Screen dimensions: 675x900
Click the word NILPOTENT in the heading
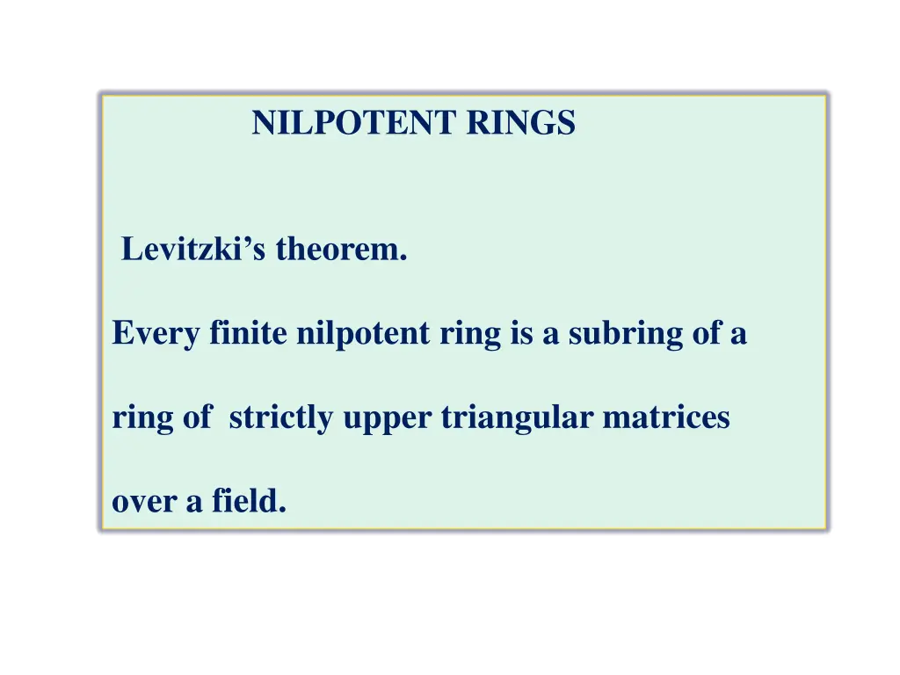coord(356,123)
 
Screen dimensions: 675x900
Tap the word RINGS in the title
coord(520,123)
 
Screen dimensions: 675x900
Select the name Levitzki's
coord(196,250)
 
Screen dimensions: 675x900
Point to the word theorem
coord(342,250)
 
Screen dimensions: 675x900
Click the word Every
coord(156,334)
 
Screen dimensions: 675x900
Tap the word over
coord(143,502)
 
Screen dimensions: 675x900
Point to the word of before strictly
coord(197,417)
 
